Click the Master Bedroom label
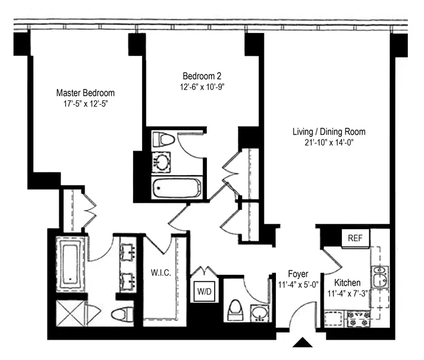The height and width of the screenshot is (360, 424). click(85, 93)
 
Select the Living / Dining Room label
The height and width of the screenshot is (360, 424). click(329, 131)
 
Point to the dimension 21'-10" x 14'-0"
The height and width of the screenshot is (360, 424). click(329, 142)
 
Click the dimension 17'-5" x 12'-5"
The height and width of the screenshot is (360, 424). click(85, 104)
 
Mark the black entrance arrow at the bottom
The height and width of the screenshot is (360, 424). click(303, 343)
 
